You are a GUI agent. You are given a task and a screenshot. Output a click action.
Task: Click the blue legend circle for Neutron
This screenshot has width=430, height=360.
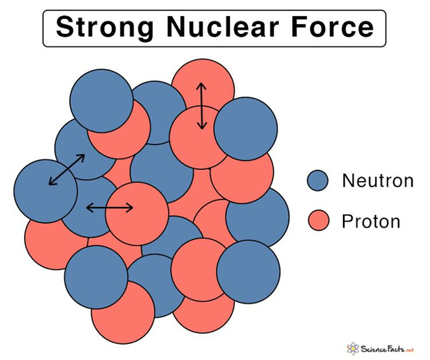319,181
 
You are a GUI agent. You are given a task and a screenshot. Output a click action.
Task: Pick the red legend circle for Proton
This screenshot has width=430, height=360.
319,220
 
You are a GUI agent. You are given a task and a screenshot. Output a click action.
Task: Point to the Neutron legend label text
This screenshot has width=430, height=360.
377,181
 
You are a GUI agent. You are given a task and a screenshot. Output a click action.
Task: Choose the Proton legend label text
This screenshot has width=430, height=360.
371,221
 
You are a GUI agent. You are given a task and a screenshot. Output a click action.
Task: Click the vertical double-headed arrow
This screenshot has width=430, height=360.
201,106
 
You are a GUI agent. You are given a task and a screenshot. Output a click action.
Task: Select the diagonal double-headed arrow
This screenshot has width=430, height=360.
67,169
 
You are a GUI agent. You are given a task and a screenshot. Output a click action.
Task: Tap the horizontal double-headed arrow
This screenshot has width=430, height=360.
109,207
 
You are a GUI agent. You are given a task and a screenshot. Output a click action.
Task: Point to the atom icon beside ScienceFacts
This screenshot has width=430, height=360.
353,348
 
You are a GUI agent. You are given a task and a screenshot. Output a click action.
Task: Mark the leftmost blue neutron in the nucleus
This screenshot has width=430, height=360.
44,190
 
